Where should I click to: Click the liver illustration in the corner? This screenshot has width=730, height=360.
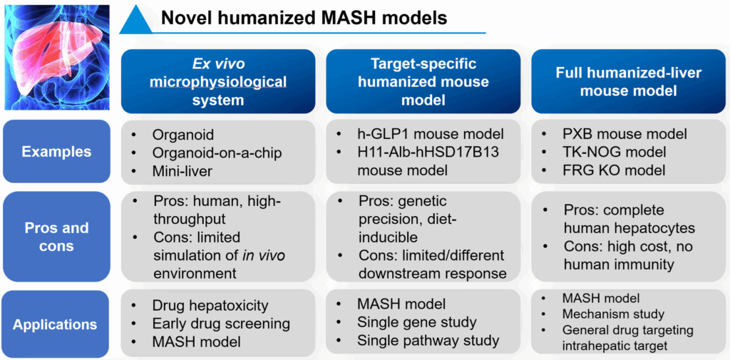56,57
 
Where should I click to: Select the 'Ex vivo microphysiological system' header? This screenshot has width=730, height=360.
217,82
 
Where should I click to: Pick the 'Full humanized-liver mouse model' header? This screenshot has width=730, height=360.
628,82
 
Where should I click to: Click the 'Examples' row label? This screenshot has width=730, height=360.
56,151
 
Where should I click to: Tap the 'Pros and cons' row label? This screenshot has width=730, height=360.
56,237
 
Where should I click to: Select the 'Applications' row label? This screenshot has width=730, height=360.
56,324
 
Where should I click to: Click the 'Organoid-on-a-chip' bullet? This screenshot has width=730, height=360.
217,152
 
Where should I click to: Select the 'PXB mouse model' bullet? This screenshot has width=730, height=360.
624,134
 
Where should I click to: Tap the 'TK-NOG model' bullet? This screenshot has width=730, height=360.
615,152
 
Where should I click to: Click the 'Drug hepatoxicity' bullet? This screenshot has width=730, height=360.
210,306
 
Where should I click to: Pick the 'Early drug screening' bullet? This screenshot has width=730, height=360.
221,324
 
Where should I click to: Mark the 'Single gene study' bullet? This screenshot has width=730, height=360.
417,323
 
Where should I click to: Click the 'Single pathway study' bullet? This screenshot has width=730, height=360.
428,341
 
